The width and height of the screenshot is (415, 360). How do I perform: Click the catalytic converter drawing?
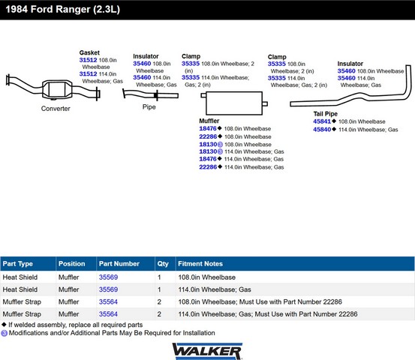tap(57, 90)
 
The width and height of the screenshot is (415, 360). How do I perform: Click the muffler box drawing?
tap(234, 103)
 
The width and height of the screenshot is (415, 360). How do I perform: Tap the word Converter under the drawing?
tap(56, 109)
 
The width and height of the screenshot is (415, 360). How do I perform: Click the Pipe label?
tap(149, 106)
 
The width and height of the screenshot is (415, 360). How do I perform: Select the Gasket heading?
tap(89, 52)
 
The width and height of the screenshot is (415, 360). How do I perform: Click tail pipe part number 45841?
tap(322, 121)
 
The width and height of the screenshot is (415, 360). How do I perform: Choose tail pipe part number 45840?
tap(322, 129)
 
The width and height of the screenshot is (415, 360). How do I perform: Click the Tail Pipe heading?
tap(325, 114)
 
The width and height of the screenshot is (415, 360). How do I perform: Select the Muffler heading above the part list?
tap(209, 121)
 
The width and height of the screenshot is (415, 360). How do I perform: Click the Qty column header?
tap(163, 264)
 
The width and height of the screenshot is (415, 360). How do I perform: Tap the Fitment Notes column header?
tap(200, 264)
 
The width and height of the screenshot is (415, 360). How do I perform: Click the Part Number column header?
tap(119, 264)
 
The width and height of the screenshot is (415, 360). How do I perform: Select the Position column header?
tap(72, 264)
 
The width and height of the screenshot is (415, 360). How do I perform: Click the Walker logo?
tap(207, 351)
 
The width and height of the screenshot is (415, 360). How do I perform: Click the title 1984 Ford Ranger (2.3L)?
tap(63, 9)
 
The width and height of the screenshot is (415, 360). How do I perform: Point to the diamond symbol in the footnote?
tap(4, 324)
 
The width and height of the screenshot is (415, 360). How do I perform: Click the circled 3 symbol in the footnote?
tap(5, 333)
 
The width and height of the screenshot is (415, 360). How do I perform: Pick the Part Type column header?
tap(18, 264)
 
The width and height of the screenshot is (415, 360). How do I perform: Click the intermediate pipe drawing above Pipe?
tap(150, 94)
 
